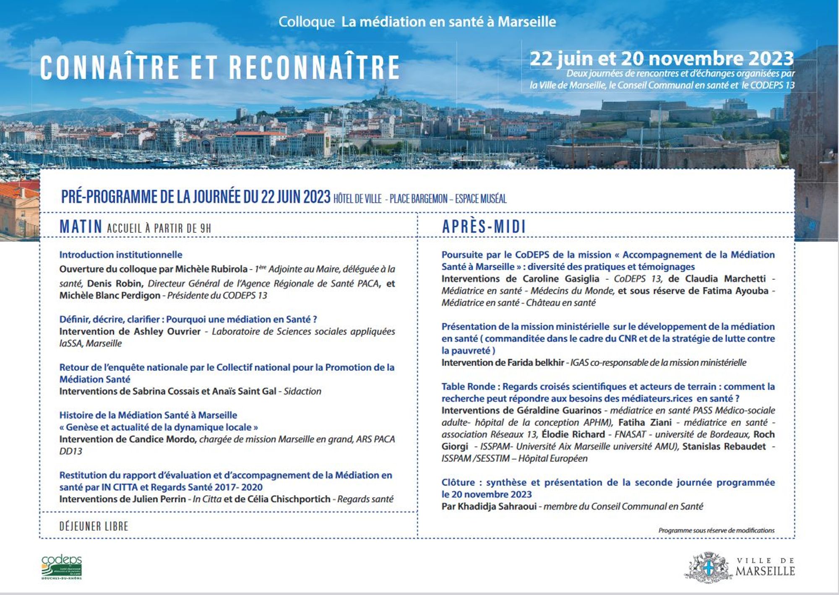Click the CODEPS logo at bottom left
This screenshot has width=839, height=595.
tap(62, 566)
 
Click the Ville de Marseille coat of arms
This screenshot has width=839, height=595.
tap(708, 567)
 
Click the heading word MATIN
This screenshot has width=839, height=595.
tap(81, 227)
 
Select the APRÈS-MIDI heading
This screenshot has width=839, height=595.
tap(484, 227)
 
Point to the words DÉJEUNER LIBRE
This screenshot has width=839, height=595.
tap(94, 526)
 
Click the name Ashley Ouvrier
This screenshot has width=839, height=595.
tap(167, 331)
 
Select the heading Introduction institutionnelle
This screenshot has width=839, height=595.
tap(120, 255)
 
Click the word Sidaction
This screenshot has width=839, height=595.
tap(302, 391)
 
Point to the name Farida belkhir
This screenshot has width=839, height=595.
tap(535, 362)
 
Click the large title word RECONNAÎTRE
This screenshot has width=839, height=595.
tap(314, 68)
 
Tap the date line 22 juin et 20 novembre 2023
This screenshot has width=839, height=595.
tap(662, 59)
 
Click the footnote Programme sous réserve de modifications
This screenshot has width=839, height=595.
tap(716, 530)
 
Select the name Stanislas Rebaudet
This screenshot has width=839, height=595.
tap(724, 446)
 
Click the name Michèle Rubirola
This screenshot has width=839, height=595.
tap(211, 269)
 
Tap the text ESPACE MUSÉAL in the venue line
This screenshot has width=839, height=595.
tap(481, 198)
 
